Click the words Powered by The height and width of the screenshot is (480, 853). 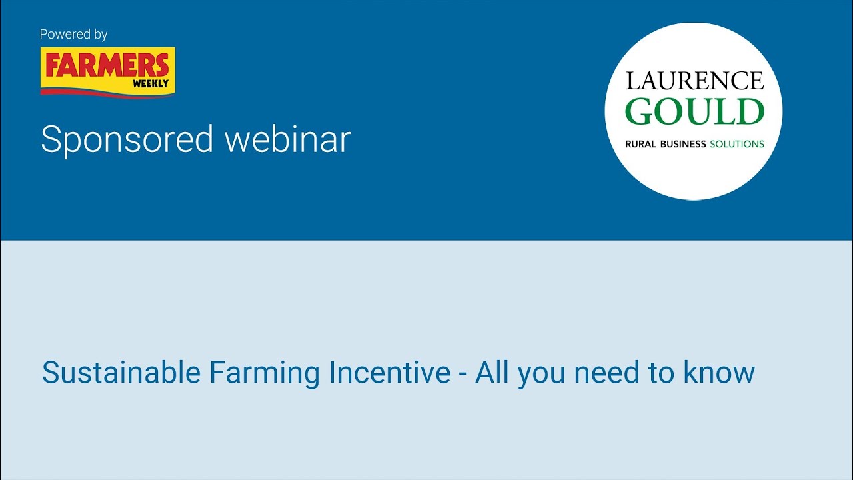pos(73,34)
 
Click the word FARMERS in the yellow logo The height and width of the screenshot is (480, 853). pos(107,65)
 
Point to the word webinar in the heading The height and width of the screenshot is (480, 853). pos(287,140)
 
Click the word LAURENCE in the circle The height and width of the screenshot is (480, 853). pos(694,81)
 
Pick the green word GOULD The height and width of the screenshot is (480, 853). pos(694,112)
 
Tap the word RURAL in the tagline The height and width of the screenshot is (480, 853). pos(641,144)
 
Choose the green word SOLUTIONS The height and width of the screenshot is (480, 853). pos(737,144)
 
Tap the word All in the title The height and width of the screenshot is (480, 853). pos(492,373)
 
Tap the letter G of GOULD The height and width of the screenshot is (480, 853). pos(641,112)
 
